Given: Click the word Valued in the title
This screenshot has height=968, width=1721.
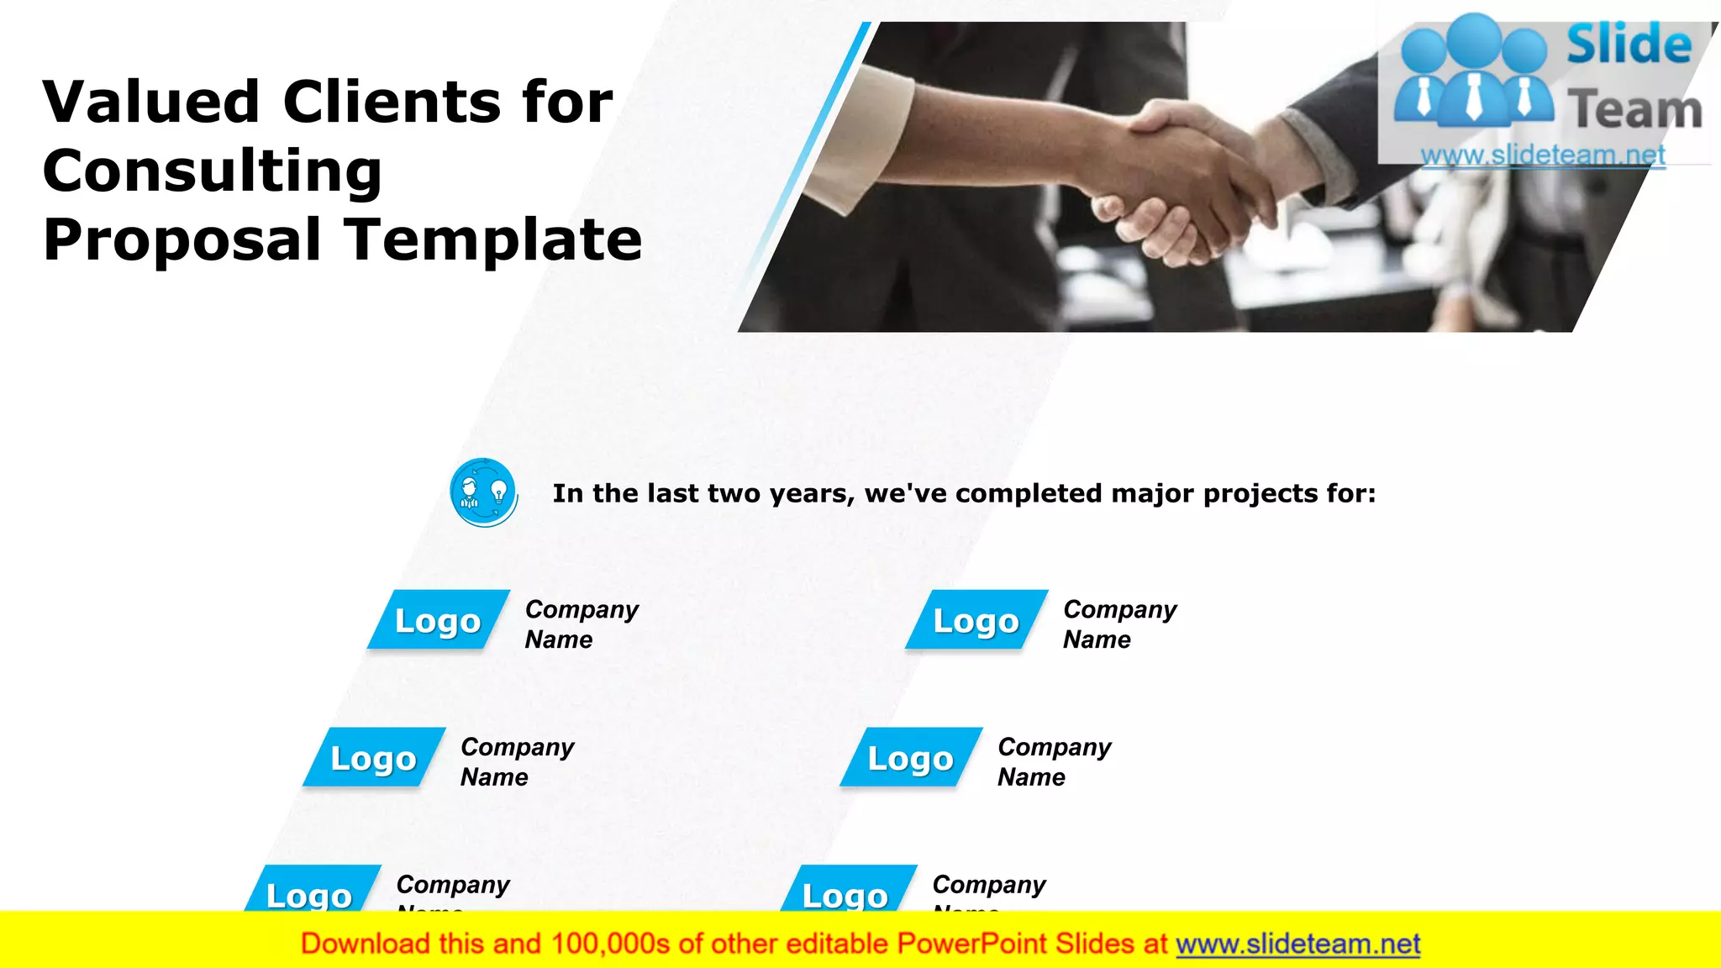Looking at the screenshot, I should [x=151, y=103].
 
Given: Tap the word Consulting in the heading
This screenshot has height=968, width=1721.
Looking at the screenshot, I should [x=213, y=171].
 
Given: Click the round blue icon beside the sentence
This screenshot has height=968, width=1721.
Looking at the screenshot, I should [x=483, y=492].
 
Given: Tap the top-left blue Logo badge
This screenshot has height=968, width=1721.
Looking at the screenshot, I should [x=438, y=620].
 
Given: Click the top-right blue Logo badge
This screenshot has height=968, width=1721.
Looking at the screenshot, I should [x=976, y=620].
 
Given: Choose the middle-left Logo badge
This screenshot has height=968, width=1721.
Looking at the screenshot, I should [x=373, y=758].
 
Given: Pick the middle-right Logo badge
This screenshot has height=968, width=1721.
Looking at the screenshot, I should [x=910, y=758].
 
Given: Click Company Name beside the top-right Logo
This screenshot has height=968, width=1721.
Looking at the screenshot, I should [x=1119, y=624].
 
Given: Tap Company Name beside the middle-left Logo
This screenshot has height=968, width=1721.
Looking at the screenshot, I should [x=517, y=761].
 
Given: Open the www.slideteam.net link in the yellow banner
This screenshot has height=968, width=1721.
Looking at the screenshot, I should [x=1297, y=944].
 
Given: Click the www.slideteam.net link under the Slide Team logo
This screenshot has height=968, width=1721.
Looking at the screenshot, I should [x=1542, y=155].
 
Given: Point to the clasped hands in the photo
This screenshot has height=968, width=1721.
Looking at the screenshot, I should [x=1193, y=181].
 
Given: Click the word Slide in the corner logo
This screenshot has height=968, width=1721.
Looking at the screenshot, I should [x=1629, y=45].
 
